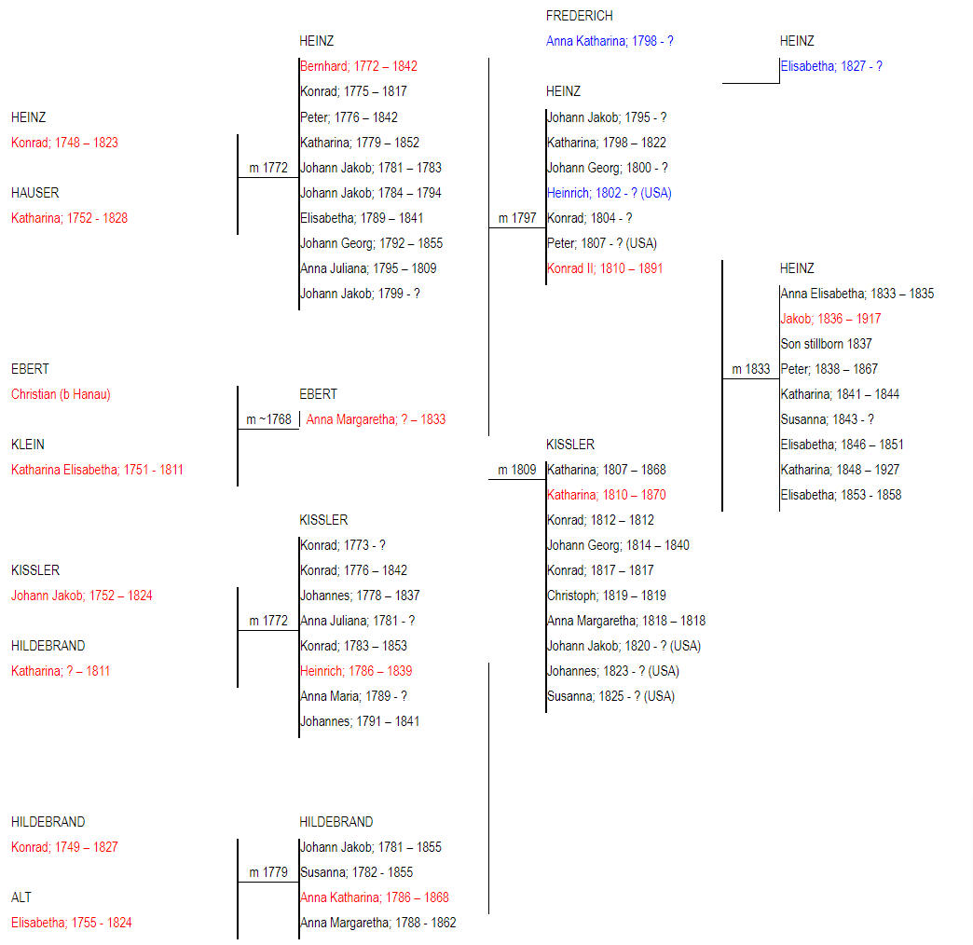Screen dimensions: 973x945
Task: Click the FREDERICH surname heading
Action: (579, 16)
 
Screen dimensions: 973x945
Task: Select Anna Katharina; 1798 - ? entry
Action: (610, 41)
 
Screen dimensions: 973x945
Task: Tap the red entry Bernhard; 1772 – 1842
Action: (359, 66)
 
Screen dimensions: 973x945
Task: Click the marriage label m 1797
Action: (517, 218)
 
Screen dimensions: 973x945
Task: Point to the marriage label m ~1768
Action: (268, 419)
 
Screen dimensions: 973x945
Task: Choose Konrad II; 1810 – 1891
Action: (605, 268)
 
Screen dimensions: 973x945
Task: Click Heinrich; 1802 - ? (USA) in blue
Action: (610, 193)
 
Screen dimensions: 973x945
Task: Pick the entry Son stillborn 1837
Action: (826, 344)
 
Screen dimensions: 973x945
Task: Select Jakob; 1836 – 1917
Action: (830, 319)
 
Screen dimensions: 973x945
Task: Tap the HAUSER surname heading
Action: (34, 193)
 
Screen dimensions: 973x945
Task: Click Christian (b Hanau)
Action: (61, 394)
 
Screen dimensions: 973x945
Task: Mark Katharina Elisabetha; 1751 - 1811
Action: (98, 470)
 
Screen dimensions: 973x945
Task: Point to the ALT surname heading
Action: (21, 897)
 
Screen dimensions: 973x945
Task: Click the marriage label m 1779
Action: (268, 871)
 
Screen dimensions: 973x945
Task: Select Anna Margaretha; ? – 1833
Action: (376, 419)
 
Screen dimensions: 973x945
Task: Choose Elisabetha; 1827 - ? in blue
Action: (831, 66)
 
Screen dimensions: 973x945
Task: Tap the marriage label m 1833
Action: (751, 369)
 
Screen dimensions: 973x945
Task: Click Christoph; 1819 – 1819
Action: (607, 596)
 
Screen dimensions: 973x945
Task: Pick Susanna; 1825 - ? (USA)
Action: (610, 696)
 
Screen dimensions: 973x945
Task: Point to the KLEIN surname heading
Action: (28, 445)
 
